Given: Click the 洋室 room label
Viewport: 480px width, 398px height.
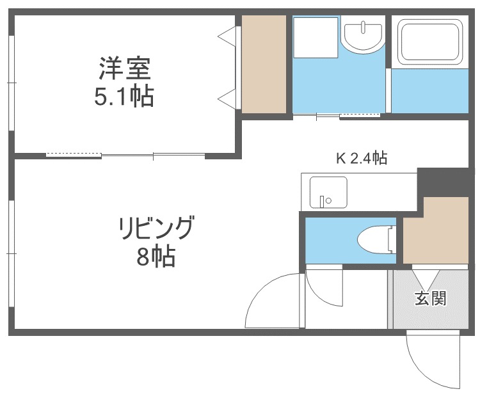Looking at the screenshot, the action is click(x=125, y=68).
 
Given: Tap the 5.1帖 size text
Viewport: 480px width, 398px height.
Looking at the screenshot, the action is click(x=124, y=96).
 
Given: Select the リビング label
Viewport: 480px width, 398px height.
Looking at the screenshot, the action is click(x=156, y=228).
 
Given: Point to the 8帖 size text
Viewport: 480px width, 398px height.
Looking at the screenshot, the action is click(x=156, y=256).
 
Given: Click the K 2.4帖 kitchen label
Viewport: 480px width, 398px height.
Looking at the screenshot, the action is click(x=362, y=158).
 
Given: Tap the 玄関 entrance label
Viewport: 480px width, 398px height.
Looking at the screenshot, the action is click(x=431, y=298).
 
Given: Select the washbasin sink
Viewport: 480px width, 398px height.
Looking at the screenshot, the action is click(x=364, y=36).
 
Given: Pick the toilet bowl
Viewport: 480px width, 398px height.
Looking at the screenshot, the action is click(x=376, y=240).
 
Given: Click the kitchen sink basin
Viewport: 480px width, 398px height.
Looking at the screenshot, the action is click(x=328, y=192).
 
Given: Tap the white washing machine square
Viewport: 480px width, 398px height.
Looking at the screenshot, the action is click(x=316, y=37).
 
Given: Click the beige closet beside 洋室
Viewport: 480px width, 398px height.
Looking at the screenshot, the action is click(x=264, y=64).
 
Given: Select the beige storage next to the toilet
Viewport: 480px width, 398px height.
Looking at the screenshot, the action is click(x=436, y=230).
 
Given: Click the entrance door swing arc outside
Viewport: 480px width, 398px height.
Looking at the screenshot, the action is click(x=421, y=371).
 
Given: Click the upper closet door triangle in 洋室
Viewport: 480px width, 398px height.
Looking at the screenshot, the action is click(x=228, y=36).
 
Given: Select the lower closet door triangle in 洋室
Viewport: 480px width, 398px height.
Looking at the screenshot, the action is click(x=228, y=99).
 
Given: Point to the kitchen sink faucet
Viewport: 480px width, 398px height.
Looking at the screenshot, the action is click(x=322, y=201).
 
